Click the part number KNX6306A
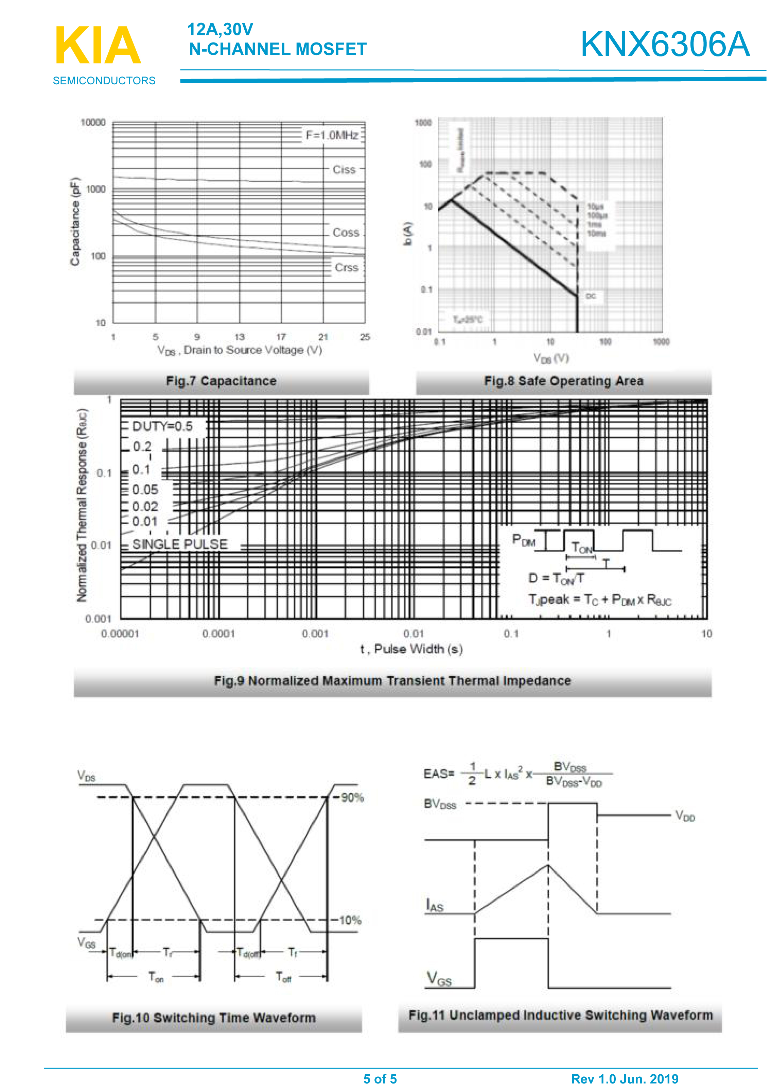(x=665, y=44)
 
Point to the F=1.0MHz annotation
(x=332, y=136)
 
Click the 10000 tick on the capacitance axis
(x=93, y=123)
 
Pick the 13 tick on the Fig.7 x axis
(x=240, y=337)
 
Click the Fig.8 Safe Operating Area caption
(x=564, y=381)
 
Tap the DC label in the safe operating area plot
(x=591, y=297)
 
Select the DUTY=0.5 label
(x=162, y=426)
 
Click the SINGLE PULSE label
(x=180, y=544)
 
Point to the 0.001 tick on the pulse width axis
(x=315, y=634)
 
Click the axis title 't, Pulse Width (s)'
(x=411, y=650)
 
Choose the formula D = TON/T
(x=556, y=578)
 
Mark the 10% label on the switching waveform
(x=350, y=921)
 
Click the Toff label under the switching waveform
(x=283, y=977)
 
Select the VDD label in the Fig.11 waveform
(x=685, y=817)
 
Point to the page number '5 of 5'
(x=380, y=1079)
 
